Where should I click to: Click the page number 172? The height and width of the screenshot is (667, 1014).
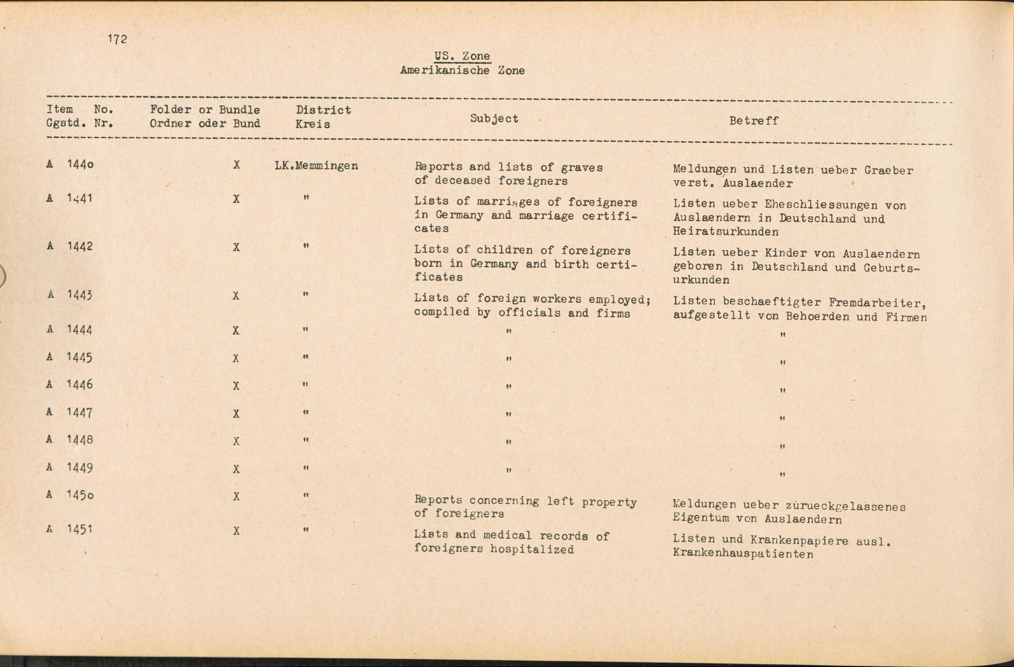tap(117, 39)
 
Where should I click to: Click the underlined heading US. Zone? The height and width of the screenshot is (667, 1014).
tap(462, 56)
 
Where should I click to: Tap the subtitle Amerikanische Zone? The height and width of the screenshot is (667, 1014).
tap(462, 70)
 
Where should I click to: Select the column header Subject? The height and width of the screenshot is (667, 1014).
tap(494, 119)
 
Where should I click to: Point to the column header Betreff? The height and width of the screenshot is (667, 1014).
tap(753, 121)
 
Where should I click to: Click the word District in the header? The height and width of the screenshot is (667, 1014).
tap(323, 110)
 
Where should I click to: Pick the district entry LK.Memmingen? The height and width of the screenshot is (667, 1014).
tap(316, 166)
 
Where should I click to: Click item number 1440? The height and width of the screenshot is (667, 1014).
tap(80, 164)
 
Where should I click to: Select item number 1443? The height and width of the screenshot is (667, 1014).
tap(80, 295)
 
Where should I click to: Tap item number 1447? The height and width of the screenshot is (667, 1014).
tap(80, 413)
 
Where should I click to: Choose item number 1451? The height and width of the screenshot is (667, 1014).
tap(80, 529)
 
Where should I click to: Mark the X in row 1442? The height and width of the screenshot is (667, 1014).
tap(236, 248)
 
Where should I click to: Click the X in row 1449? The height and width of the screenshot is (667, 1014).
tap(236, 469)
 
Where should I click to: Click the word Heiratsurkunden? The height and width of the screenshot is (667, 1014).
tap(726, 232)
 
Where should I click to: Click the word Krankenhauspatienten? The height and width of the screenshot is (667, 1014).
tap(743, 554)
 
